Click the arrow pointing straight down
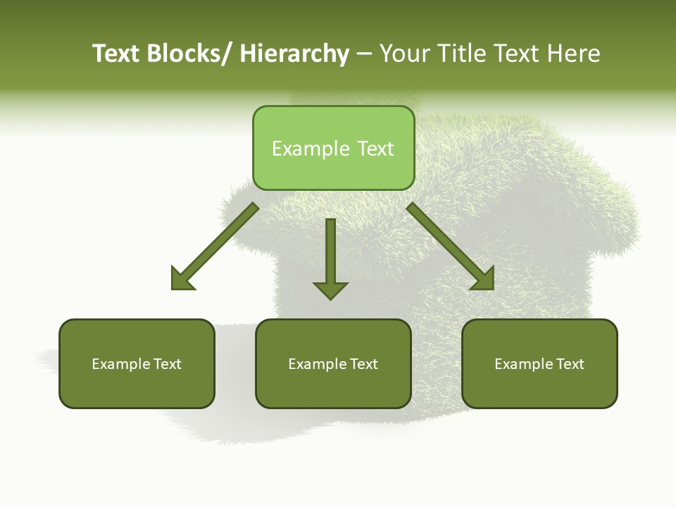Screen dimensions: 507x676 [x=330, y=254]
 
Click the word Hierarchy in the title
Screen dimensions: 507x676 [x=294, y=54]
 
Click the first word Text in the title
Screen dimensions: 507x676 [x=116, y=54]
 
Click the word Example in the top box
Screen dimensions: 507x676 [x=311, y=149]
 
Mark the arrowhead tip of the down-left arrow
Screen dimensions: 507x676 [x=173, y=288]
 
